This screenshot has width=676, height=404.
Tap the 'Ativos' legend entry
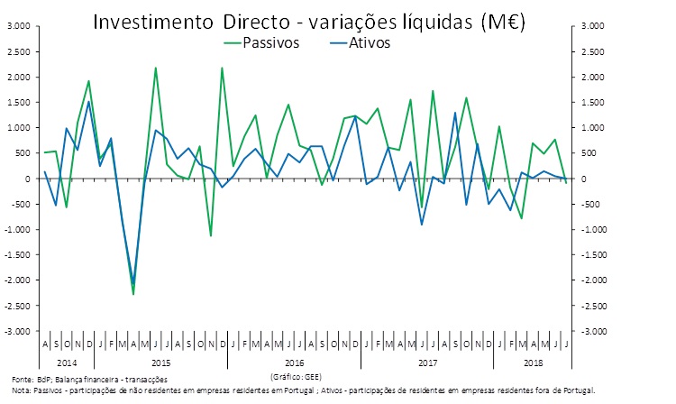point(367,41)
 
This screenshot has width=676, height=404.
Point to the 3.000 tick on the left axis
point(17,26)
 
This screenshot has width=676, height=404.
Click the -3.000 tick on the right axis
point(590,332)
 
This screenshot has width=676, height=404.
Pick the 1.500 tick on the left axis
point(17,103)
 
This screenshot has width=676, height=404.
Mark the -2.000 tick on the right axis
point(590,280)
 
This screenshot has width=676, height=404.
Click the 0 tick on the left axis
point(26,179)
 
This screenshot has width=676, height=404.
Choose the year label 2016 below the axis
point(294,362)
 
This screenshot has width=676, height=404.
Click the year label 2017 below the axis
point(426,362)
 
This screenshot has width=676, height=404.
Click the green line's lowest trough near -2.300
point(133,294)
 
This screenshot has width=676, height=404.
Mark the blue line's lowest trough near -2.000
point(133,282)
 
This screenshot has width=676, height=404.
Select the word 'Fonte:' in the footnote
point(23,380)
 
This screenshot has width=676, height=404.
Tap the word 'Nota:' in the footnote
point(21,390)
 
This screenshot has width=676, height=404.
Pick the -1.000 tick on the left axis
point(17,230)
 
